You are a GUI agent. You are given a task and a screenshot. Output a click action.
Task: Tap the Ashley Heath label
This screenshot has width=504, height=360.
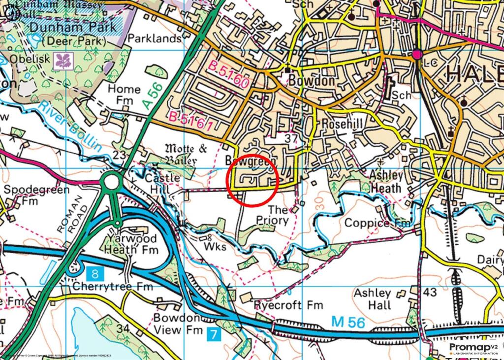pos(386,182)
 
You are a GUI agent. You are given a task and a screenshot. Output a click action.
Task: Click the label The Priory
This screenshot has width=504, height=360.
pos(272,215)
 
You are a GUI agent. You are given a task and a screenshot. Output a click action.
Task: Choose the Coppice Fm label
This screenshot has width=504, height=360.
pos(377,223)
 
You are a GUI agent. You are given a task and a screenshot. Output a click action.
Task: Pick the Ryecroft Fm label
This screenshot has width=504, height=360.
pos(288,305)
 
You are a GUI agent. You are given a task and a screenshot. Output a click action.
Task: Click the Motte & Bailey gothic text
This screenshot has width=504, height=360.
pos(181,154)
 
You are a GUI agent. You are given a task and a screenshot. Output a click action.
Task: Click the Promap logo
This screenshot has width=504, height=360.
pos(473,348)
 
